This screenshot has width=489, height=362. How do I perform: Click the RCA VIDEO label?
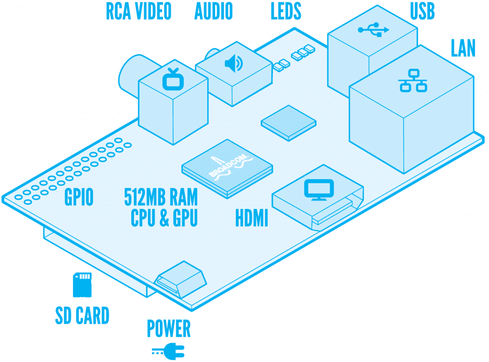click(x=139, y=11)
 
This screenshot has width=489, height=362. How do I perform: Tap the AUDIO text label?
click(x=214, y=11)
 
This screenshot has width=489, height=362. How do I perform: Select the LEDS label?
click(x=286, y=11)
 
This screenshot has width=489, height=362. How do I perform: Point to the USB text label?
click(x=422, y=11)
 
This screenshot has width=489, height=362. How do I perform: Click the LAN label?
click(x=463, y=48)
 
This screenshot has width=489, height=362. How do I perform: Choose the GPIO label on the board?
click(x=79, y=197)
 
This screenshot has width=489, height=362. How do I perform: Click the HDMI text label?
click(x=252, y=218)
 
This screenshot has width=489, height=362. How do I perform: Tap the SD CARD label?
click(x=82, y=316)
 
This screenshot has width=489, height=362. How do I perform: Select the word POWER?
click(x=169, y=329)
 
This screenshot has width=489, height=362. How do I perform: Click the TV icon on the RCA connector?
click(x=173, y=79)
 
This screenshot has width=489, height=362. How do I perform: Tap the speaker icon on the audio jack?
click(x=234, y=64)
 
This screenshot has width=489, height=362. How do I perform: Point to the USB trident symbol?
click(x=373, y=30)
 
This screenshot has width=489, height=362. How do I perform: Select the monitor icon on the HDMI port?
click(x=319, y=190)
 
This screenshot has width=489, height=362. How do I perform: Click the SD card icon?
click(x=82, y=285)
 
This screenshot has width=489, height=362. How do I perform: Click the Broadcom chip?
click(x=228, y=168)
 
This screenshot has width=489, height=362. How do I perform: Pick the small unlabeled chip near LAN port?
click(x=289, y=123)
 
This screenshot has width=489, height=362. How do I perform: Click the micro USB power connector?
click(x=181, y=279)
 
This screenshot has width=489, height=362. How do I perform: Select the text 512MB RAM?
click(x=161, y=197)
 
